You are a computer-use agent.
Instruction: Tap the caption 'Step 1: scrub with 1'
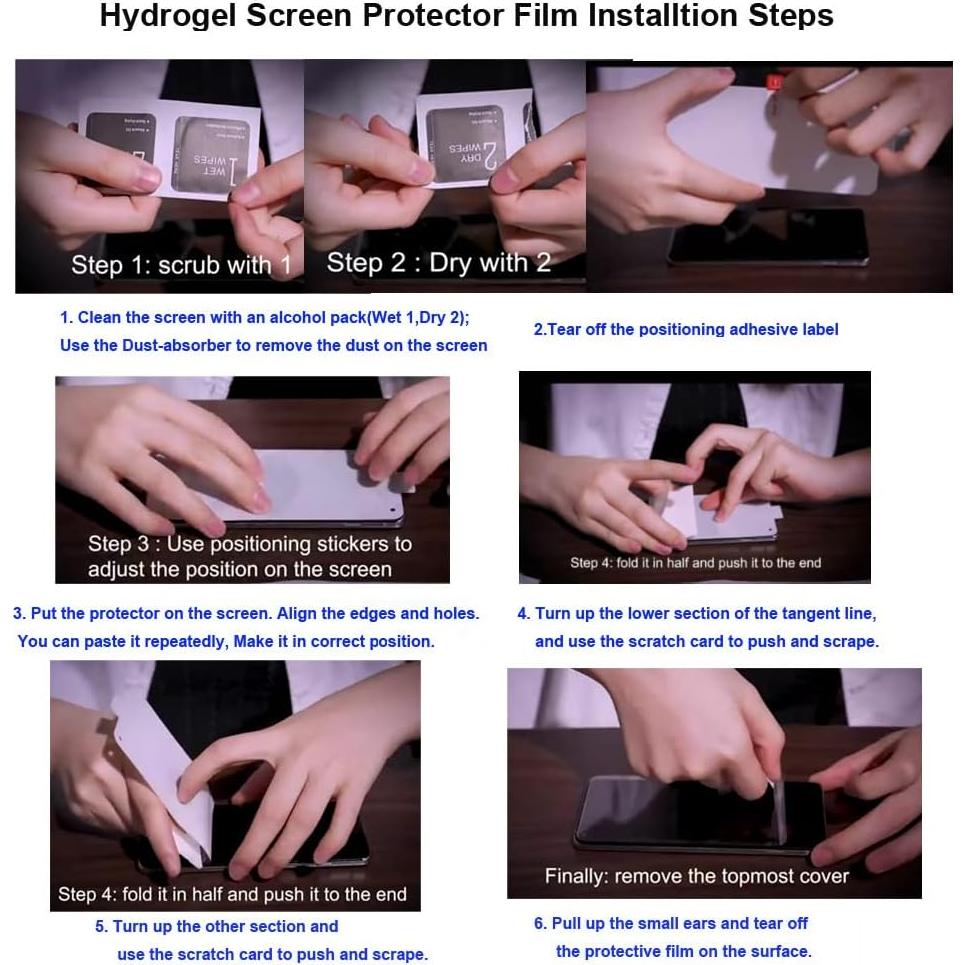pos(180,265)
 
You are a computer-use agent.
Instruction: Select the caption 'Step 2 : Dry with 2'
pos(438,263)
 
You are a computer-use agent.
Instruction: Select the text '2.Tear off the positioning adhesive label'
pos(685,329)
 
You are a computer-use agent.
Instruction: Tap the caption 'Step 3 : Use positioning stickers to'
pos(249,544)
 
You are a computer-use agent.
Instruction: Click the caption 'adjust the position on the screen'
pos(239,569)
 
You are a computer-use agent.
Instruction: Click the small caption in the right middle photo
pos(695,563)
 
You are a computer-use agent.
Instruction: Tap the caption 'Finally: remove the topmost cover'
pos(696,876)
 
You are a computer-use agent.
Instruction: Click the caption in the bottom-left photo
pos(232,894)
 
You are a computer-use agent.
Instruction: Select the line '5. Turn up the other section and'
pos(216,926)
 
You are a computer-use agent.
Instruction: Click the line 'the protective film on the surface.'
pos(683,951)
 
